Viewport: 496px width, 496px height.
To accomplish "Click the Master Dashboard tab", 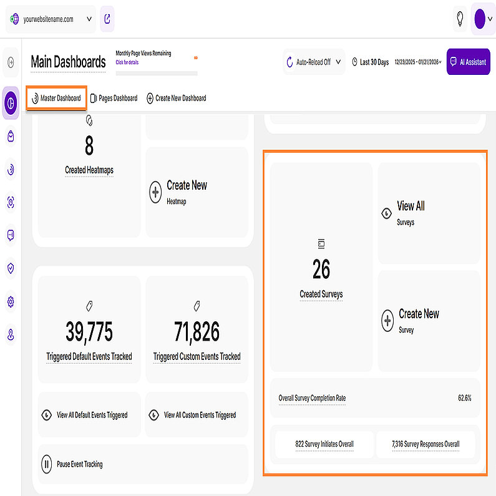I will [57, 98].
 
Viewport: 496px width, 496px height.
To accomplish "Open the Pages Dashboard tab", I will [114, 98].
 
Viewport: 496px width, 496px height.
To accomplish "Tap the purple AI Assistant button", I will [468, 62].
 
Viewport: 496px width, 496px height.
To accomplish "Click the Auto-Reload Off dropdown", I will [314, 62].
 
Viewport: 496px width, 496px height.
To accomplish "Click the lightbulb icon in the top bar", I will [460, 19].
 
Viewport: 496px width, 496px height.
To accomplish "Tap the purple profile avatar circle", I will [480, 19].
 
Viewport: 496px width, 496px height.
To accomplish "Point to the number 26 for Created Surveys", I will [321, 270].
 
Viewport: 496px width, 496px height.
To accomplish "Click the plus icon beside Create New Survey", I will [387, 321].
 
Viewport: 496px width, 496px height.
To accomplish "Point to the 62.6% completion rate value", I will [464, 397].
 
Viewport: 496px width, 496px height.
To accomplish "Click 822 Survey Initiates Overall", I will [324, 444].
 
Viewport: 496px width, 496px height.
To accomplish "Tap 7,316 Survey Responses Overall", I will [425, 444].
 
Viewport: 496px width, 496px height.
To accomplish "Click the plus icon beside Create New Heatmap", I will [155, 192].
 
